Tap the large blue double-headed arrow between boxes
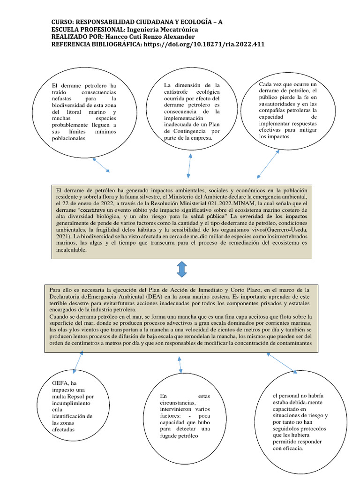(182, 270)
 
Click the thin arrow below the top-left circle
(101, 165)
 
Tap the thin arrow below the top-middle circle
(189, 165)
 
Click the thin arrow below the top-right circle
(268, 164)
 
